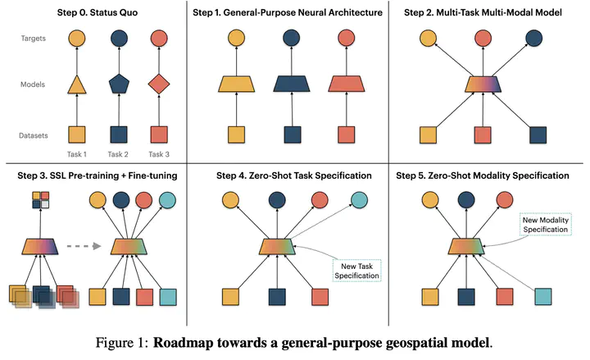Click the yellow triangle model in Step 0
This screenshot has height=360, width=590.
point(75,84)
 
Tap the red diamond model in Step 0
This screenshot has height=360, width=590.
point(161,84)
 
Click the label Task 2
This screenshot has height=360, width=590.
point(118,154)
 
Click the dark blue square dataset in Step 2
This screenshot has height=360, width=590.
point(537,134)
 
